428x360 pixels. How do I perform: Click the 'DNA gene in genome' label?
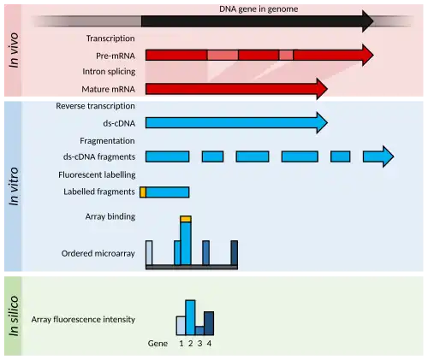(x=259, y=9)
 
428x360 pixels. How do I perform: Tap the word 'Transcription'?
(x=110, y=38)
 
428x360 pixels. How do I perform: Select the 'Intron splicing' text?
(x=109, y=72)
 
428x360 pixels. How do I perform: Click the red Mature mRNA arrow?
(x=236, y=89)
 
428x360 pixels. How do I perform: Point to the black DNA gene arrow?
(x=258, y=21)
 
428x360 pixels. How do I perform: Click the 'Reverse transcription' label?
(x=95, y=106)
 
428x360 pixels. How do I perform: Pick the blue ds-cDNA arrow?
(x=236, y=123)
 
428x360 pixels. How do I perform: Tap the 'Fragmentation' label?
(x=107, y=141)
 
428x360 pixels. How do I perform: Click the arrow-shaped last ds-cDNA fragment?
(x=378, y=156)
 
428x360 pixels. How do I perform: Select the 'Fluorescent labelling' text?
(x=97, y=174)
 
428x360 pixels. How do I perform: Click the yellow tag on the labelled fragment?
(x=143, y=192)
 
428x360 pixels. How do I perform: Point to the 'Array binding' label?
(x=110, y=216)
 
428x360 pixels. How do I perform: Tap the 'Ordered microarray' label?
(x=98, y=253)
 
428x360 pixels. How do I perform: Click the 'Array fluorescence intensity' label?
(x=83, y=320)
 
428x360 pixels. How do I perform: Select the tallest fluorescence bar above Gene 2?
(x=190, y=317)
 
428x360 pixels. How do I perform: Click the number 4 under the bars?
(x=209, y=344)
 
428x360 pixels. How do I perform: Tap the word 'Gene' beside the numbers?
(x=158, y=344)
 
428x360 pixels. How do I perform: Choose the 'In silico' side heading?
(x=14, y=316)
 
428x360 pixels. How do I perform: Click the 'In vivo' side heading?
(x=14, y=50)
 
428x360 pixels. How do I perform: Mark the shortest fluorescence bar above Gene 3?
(x=199, y=331)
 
